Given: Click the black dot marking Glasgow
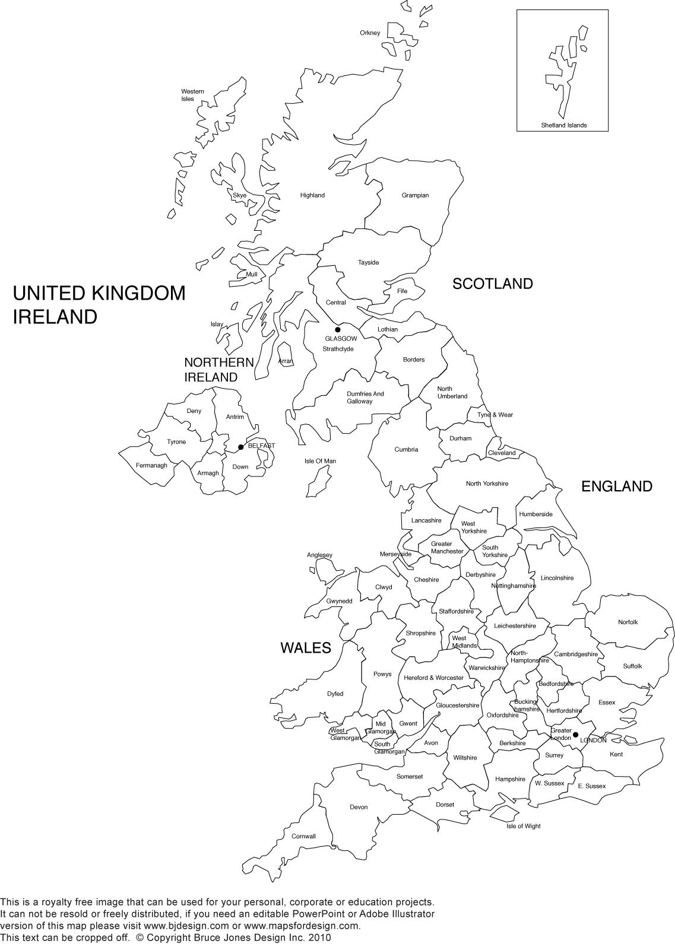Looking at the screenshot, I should coord(338,330).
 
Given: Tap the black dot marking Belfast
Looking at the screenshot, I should coord(240,447).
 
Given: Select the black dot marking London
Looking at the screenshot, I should coord(575,735).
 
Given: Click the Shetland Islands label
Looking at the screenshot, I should coord(563,125).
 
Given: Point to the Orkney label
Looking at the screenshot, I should coord(370,33).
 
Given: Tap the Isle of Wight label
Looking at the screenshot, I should coord(523,826).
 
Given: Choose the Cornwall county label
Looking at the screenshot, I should coord(303,837).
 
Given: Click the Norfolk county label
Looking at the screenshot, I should coord(628,622).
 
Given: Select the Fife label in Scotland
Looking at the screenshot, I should coord(402,291).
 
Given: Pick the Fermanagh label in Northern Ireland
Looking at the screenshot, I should coord(151,466).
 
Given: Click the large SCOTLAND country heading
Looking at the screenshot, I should coord(492,284).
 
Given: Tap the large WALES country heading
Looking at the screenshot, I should coord(305,648).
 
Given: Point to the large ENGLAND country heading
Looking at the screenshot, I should coord(616,487).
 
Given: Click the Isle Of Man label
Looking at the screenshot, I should coord(320,461).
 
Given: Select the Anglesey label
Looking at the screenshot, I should coord(319,555).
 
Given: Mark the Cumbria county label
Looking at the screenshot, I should coord(406,450).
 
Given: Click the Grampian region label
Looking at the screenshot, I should coord(415,195).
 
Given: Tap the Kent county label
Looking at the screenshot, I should coord(616,755).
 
